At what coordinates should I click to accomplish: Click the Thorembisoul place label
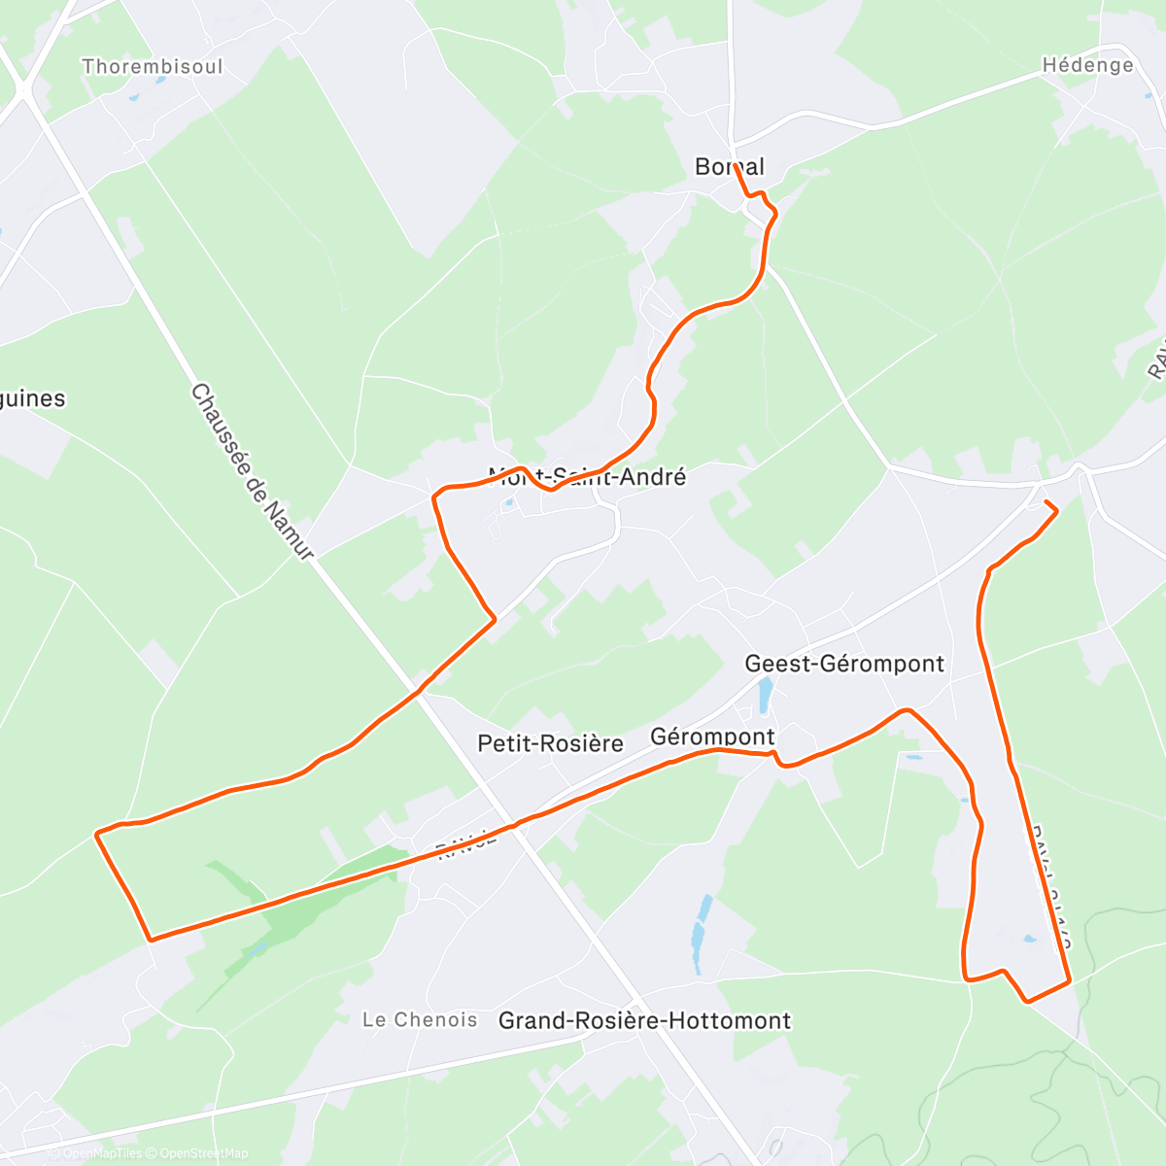pos(153,67)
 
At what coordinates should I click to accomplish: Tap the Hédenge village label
pos(1087,65)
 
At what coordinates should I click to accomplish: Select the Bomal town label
pos(729,167)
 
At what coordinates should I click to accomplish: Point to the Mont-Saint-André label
pos(587,477)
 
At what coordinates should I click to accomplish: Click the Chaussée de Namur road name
pos(252,471)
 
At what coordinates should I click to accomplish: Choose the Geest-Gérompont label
pos(843,664)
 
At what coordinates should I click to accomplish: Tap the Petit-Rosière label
pos(550,743)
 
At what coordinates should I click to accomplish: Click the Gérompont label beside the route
pos(712,737)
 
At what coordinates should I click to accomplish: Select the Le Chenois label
pos(420,1019)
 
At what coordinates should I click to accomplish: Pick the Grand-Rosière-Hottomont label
pos(644,1020)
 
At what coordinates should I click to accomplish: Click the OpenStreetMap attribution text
pos(204,1153)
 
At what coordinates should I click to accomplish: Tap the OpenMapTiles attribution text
pos(102,1153)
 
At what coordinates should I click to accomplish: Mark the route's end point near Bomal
pos(735,166)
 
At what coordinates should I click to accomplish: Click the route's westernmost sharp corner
pos(96,834)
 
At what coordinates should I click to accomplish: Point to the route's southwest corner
pos(150,940)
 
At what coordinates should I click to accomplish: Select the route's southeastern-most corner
pos(1069,981)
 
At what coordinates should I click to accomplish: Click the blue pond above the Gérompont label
pos(765,694)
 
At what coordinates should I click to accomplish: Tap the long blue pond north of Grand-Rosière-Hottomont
pos(700,933)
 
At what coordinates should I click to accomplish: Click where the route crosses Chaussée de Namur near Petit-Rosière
pos(420,691)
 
